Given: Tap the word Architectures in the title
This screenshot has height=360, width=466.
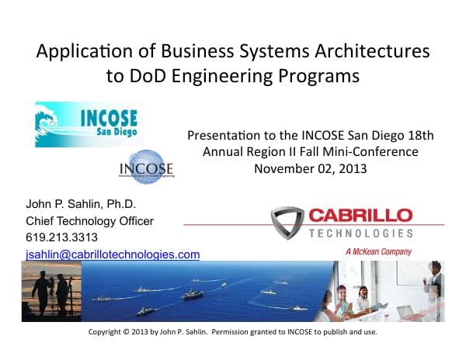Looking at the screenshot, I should [x=371, y=52].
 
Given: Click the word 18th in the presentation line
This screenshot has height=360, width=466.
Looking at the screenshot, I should [x=419, y=136].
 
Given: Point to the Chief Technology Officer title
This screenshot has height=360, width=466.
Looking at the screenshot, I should [x=89, y=221].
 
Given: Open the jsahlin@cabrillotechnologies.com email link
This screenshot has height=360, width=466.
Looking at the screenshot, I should [x=113, y=254].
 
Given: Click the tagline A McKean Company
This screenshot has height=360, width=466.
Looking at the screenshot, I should [x=377, y=252].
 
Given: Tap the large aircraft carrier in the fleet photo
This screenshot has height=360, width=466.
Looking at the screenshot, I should [x=192, y=294].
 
